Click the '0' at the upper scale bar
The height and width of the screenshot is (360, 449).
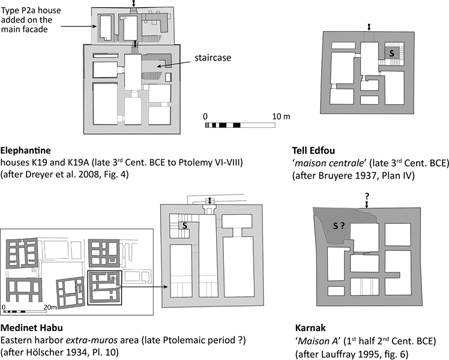coord(205,117)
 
